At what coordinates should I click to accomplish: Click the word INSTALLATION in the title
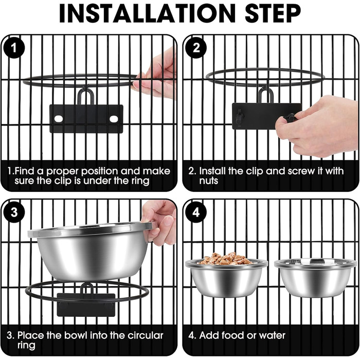pos(147,13)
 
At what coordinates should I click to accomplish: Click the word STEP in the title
pos(273,13)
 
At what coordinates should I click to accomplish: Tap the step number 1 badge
pos(14,48)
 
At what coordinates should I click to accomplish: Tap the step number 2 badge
pos(196,48)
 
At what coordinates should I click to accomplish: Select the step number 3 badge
pos(14,212)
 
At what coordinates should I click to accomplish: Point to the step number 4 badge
pos(196,212)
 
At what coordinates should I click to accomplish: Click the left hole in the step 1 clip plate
pos(58,119)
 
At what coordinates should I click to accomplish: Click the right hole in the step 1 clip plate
pos(114,119)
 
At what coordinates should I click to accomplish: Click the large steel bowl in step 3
pos(91,251)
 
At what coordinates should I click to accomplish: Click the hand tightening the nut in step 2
pos(317,127)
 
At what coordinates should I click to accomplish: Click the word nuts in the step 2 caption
pos(208,181)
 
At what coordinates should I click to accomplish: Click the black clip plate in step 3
pos(86,304)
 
